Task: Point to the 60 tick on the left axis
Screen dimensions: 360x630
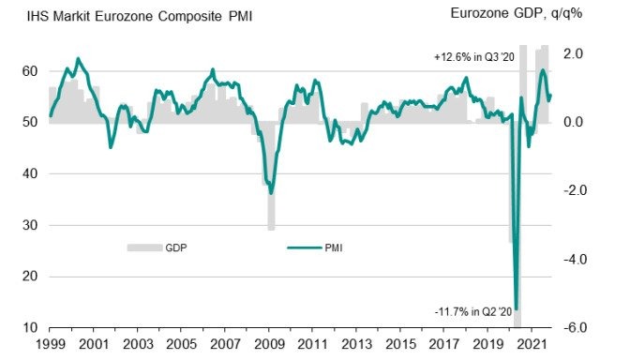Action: click(29, 71)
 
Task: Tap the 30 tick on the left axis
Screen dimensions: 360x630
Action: click(29, 225)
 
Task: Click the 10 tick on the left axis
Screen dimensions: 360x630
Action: click(29, 327)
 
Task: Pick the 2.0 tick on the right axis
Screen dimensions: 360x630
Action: click(574, 53)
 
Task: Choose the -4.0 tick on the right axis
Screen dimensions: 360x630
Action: click(573, 259)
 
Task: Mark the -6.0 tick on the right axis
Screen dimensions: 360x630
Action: click(573, 327)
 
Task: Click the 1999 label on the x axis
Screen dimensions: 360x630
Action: click(50, 346)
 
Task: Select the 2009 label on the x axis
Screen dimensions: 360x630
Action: click(269, 346)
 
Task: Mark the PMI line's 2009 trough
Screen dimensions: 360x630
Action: click(270, 192)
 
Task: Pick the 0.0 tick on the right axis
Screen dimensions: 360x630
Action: click(574, 122)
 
